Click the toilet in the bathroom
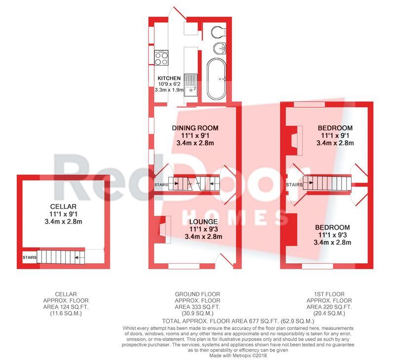click(x=219, y=32)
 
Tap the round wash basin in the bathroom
click(x=220, y=48)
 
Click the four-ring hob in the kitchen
click(x=161, y=58)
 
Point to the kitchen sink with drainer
click(x=191, y=85)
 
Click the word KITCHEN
click(x=169, y=79)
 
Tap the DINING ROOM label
click(x=195, y=128)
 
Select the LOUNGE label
click(x=203, y=222)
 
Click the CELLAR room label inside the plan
click(x=63, y=206)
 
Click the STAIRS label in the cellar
click(x=30, y=257)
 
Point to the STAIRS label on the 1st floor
click(x=294, y=185)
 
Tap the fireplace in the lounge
click(x=162, y=230)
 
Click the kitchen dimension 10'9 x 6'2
click(x=169, y=84)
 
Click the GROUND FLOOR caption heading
click(x=197, y=294)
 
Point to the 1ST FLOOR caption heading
click(x=329, y=294)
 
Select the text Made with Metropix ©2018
click(x=238, y=356)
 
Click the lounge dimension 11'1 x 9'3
click(x=203, y=229)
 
